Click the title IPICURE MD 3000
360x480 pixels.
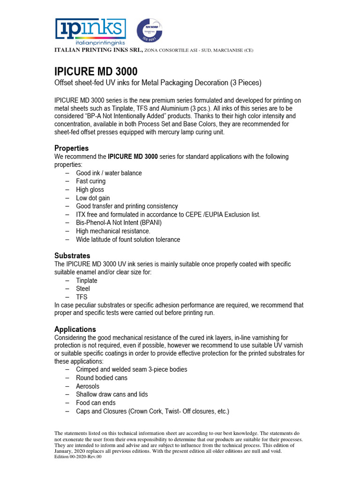click(x=96, y=72)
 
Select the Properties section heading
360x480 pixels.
click(x=71, y=148)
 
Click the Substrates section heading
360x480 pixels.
click(x=72, y=256)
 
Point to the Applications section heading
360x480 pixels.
click(x=75, y=329)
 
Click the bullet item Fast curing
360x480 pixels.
click(x=91, y=181)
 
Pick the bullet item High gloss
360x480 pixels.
click(x=90, y=190)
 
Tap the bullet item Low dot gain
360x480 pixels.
click(x=93, y=198)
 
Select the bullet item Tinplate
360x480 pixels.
click(x=87, y=281)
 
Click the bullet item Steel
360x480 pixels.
click(x=83, y=289)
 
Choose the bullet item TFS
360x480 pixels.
click(x=82, y=297)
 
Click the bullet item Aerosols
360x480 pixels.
click(x=88, y=386)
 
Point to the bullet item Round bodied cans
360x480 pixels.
click(x=102, y=378)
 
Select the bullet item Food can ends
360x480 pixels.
click(x=96, y=403)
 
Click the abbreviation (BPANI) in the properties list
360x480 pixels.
click(x=148, y=223)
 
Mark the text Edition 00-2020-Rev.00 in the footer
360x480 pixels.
click(x=78, y=457)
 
